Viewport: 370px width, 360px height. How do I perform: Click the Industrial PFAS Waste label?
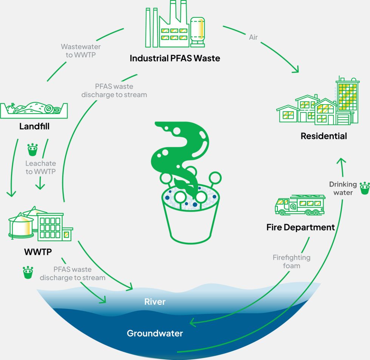(175, 58)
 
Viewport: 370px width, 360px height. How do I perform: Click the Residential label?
(324, 136)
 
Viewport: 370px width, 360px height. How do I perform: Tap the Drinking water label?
(343, 188)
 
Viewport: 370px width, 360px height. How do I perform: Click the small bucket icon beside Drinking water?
(364, 188)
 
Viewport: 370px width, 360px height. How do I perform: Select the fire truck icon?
(300, 205)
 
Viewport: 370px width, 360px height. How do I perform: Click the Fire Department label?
(301, 228)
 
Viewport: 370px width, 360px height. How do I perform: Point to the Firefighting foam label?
(291, 262)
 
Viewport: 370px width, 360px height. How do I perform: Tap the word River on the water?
(155, 302)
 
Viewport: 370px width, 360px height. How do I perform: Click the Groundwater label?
(155, 333)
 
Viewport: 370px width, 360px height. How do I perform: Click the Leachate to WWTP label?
(40, 168)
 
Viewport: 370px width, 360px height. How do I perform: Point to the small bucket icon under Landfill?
(33, 150)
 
